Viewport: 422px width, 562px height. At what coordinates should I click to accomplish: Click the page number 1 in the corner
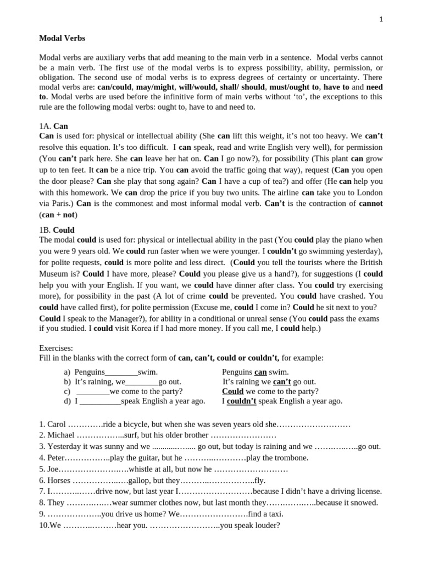point(381,19)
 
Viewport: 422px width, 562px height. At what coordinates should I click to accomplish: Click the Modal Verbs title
point(62,38)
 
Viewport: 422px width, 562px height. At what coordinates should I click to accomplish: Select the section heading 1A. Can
point(53,126)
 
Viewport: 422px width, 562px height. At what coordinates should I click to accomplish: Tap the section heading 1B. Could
point(57,230)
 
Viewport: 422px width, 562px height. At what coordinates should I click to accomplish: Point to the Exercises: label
point(56,348)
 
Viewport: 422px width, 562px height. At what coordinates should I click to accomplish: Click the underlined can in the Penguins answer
point(260,372)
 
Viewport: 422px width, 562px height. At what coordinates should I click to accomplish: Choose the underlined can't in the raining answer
point(282,381)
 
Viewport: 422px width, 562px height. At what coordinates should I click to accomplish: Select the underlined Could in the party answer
point(232,391)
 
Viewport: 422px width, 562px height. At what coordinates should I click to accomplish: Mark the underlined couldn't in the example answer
point(241,401)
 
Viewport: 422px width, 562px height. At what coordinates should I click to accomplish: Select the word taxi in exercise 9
point(275,514)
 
